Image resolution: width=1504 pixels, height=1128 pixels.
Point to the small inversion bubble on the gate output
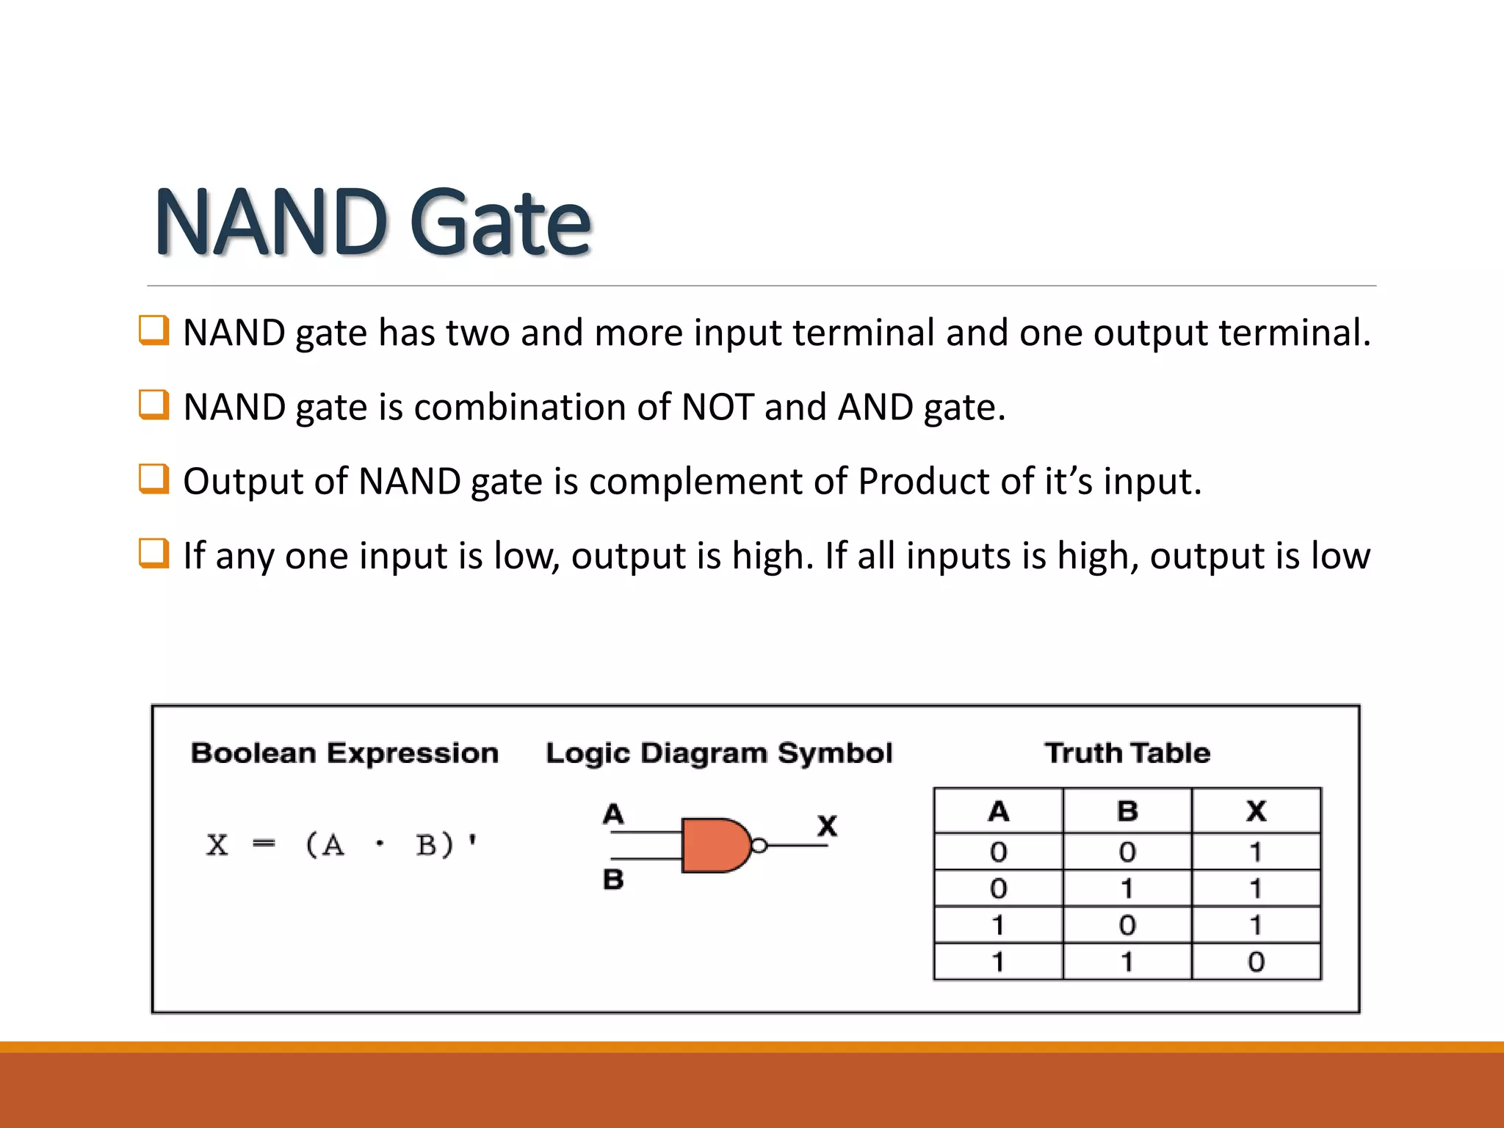click(759, 846)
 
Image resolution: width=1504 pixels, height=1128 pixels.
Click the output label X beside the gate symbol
click(828, 825)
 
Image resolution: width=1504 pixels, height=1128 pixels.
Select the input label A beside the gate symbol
click(613, 814)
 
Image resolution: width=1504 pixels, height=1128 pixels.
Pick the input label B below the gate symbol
click(613, 879)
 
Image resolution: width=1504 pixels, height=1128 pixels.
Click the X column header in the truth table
click(1256, 811)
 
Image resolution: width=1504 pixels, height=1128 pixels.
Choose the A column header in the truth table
click(998, 811)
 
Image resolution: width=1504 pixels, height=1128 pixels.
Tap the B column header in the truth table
click(1127, 811)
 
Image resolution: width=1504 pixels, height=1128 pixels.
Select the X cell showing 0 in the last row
click(1256, 961)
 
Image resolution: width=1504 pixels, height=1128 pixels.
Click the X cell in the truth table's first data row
click(1256, 852)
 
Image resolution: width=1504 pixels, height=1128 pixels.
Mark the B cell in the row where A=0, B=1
click(1127, 889)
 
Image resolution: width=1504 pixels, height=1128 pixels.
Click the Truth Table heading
click(1127, 753)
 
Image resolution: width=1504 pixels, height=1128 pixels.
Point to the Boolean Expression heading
click(344, 753)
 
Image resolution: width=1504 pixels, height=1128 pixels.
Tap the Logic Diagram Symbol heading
click(719, 753)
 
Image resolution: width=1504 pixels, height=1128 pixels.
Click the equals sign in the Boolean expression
click(264, 845)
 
